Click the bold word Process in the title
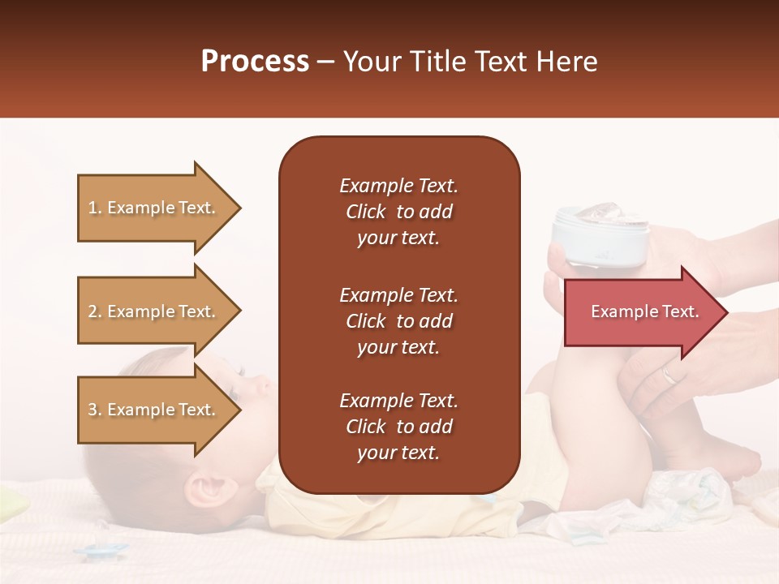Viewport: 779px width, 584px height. point(255,61)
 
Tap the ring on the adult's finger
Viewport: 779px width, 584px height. point(667,375)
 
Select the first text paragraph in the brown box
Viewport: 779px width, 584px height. point(398,212)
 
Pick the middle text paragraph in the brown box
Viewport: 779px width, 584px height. point(398,321)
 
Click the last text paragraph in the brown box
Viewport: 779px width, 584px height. point(398,427)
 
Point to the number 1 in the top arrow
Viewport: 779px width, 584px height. point(93,208)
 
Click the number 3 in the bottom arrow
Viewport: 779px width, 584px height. point(93,410)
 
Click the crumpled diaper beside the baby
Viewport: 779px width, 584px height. point(690,495)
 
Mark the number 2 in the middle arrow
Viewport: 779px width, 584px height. point(93,311)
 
